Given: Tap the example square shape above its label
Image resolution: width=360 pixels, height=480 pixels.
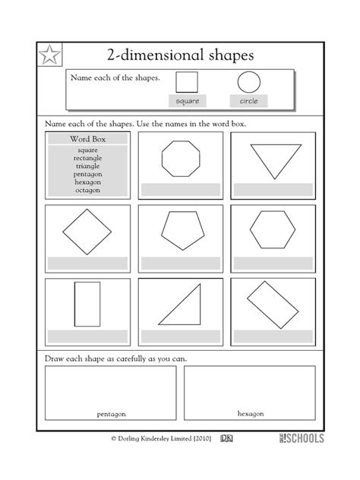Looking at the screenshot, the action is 186,82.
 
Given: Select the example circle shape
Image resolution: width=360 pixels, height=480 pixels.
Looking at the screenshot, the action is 248,82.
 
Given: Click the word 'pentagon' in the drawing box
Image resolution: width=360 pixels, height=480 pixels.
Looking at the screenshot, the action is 111,414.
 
